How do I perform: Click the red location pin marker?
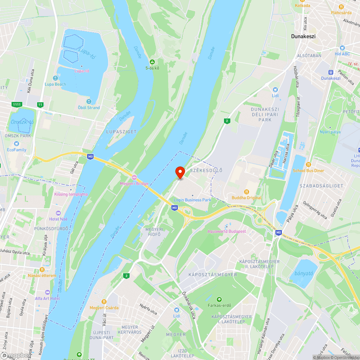point(180,172)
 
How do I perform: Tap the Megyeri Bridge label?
point(134,184)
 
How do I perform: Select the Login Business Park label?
point(192,200)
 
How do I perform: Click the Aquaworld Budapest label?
point(226,231)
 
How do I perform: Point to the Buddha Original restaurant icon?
point(247,192)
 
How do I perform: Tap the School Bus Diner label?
point(309,171)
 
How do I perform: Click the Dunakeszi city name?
point(303,36)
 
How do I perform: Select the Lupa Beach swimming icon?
point(55,78)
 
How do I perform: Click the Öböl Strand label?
point(89,108)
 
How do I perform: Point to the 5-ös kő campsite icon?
point(152,62)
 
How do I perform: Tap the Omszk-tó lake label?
point(22,122)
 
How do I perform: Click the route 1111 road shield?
point(17,104)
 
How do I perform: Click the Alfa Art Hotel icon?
point(48,292)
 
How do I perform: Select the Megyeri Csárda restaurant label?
point(104,308)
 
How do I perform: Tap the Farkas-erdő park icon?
point(219,300)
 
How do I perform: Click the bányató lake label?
point(303,274)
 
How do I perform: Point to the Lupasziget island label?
point(121,132)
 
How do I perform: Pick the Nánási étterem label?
point(42,276)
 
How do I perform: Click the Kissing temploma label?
point(71,194)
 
